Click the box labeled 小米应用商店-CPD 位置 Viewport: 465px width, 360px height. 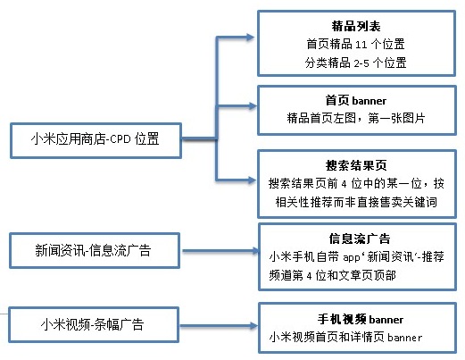click(95, 140)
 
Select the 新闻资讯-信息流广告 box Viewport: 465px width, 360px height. click(95, 250)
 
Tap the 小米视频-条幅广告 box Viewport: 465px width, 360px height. click(94, 324)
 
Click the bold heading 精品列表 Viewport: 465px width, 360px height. click(356, 26)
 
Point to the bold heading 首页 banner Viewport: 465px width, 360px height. click(356, 100)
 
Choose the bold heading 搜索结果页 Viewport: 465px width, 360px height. click(356, 165)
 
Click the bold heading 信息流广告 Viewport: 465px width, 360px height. click(360, 239)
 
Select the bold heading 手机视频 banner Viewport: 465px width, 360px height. click(361, 319)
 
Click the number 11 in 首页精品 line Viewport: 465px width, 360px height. click(361, 45)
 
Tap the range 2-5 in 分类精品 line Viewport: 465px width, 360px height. click(361, 63)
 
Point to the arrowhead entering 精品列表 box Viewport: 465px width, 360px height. click(249, 38)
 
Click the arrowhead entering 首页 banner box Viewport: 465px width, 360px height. click(252, 106)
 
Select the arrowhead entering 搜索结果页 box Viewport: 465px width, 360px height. click(252, 180)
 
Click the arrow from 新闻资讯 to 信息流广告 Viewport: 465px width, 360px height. click(220, 251)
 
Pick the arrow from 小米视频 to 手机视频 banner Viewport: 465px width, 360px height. click(219, 326)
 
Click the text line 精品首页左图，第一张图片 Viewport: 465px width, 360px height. click(356, 118)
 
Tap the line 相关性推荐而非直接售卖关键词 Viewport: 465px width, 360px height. click(356, 202)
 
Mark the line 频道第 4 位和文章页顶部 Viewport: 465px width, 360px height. click(332, 275)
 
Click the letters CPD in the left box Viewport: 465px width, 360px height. click(120, 139)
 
